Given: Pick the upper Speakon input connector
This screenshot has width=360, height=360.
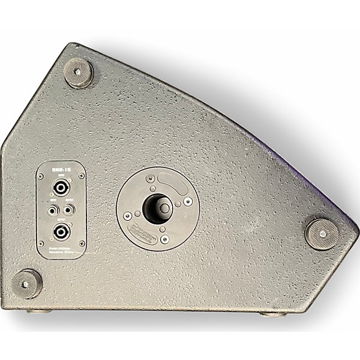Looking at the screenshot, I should click(x=61, y=188).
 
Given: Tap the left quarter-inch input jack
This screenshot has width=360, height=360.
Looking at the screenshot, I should click(x=53, y=209).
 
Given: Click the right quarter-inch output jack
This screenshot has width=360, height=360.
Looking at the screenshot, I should click(x=70, y=209).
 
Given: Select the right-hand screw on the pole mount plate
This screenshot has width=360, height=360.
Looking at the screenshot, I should click(x=187, y=202).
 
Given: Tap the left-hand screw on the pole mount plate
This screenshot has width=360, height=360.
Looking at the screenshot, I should click(x=127, y=215).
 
